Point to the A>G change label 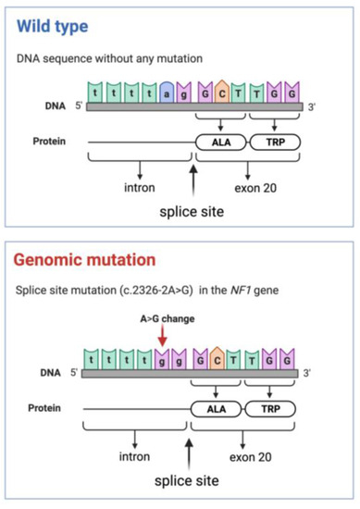[x=164, y=321]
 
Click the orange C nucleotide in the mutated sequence [x=221, y=356]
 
